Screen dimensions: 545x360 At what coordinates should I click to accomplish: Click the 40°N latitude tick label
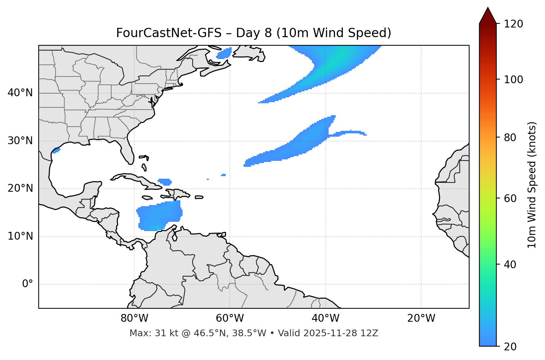20,93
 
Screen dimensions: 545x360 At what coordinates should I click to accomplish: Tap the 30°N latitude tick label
20,141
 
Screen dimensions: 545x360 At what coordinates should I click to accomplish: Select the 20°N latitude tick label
20,189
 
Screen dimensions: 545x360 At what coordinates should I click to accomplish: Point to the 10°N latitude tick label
20,236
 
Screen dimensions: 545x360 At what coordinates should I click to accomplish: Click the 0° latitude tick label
28,284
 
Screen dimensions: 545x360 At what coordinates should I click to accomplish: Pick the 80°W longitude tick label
134,318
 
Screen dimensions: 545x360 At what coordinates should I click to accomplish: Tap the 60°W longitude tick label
230,318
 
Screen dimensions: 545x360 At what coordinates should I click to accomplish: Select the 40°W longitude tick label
325,318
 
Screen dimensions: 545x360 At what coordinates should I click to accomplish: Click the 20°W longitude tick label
421,318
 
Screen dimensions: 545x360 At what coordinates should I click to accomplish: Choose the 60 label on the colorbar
510,198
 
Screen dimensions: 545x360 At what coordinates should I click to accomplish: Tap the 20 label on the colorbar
510,347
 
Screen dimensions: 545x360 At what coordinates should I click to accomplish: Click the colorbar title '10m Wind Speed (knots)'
532,185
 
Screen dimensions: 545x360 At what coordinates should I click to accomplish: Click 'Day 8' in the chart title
254,33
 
